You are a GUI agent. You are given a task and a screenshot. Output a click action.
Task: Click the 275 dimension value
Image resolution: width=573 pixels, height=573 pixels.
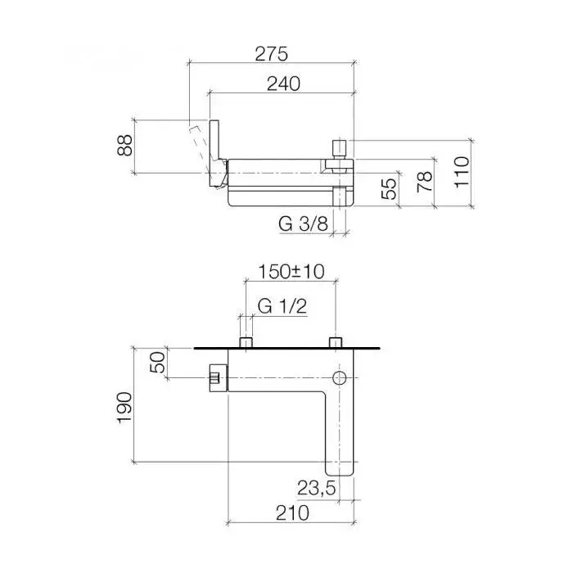pos(271,54)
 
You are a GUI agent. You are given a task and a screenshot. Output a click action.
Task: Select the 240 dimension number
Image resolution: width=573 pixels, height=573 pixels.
pos(283,84)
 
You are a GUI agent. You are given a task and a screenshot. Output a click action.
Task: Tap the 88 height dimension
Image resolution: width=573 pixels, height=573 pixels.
pos(124,145)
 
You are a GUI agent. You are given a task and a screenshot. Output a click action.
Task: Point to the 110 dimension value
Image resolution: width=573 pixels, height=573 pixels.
pos(462,172)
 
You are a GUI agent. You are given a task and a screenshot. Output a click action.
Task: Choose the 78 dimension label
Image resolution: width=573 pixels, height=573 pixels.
pos(425,182)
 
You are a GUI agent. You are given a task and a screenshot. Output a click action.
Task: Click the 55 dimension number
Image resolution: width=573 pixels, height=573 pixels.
pos(389,188)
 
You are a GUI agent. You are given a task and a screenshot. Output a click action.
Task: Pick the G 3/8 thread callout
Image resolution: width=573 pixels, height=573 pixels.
pos(304,223)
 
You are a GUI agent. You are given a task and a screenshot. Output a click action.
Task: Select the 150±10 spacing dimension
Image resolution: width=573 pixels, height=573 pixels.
pos(291,272)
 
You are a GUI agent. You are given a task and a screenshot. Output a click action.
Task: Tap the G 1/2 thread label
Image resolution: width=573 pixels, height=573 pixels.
pos(282,306)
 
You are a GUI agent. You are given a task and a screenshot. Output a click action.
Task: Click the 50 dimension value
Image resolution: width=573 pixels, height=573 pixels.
pos(157,362)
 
